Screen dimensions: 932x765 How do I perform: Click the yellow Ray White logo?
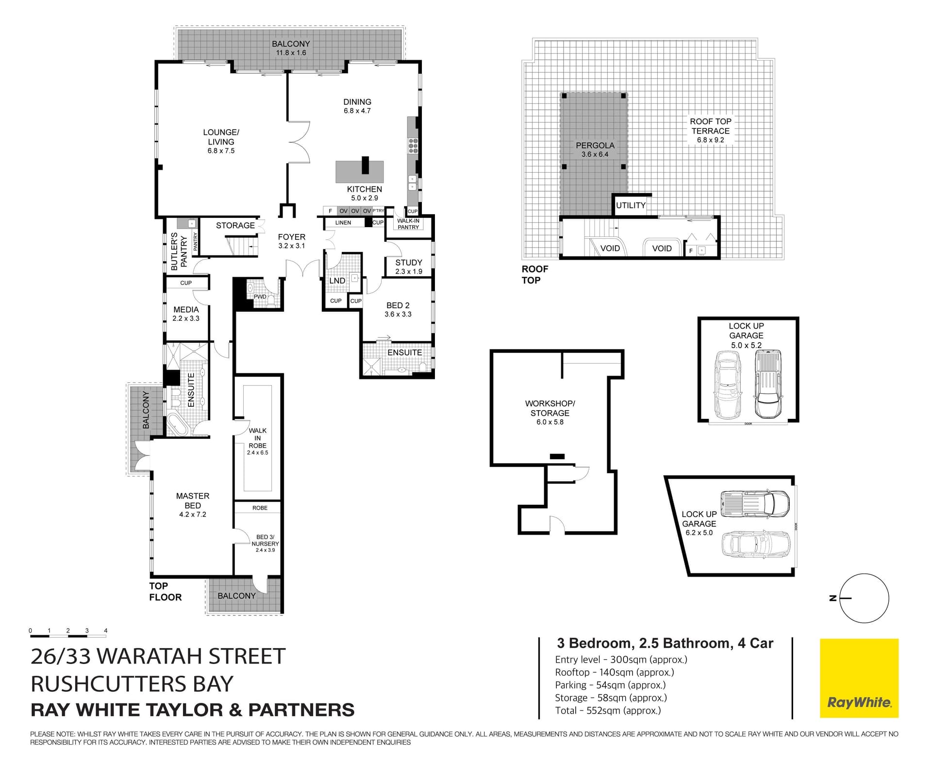tap(859, 678)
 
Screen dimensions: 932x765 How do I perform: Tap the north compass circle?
tap(864, 598)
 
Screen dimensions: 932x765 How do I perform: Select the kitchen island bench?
tap(359, 171)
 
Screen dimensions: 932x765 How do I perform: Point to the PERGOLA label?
tap(595, 145)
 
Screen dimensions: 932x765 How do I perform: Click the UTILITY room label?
tap(631, 205)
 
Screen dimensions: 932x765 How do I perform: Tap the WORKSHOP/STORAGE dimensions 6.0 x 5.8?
tap(550, 422)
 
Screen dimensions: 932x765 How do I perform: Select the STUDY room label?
tap(409, 262)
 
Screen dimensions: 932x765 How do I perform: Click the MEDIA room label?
tap(186, 309)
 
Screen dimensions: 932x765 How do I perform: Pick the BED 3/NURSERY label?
tap(265, 540)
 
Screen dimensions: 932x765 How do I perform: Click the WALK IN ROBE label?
tap(257, 438)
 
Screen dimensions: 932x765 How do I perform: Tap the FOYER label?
tap(292, 237)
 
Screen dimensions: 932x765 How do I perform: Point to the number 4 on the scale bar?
tap(106, 631)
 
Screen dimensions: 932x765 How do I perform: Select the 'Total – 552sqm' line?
tap(608, 711)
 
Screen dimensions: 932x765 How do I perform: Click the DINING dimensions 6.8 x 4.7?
tap(357, 111)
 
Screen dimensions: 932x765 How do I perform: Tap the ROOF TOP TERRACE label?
tap(711, 126)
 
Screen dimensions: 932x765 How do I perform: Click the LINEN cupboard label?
tap(343, 223)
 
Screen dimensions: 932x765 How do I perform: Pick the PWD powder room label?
tap(260, 297)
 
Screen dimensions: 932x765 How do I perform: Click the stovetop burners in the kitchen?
tap(413, 146)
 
